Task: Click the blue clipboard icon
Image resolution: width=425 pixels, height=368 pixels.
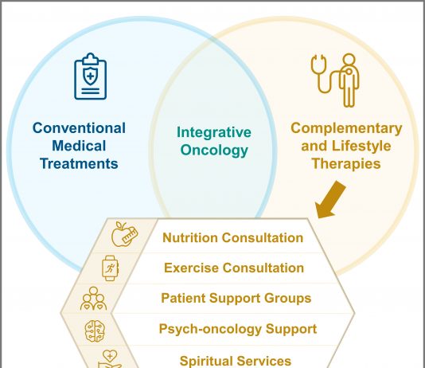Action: pyautogui.click(x=90, y=76)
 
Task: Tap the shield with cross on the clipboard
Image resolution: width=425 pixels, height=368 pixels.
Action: pyautogui.click(x=90, y=76)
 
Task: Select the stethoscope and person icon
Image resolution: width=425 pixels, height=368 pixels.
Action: pyautogui.click(x=336, y=80)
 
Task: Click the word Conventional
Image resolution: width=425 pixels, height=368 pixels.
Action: pyautogui.click(x=79, y=128)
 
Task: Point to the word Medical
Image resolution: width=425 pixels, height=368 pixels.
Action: pyautogui.click(x=79, y=146)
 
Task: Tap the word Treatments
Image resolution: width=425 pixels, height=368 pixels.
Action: pyautogui.click(x=79, y=163)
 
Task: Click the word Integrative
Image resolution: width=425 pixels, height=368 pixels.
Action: pyautogui.click(x=214, y=132)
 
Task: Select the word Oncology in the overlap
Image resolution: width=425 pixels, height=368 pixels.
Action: pyautogui.click(x=214, y=151)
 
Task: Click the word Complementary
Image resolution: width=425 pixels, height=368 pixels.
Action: pyautogui.click(x=346, y=128)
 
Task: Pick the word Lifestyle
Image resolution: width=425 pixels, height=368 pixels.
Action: pyautogui.click(x=361, y=146)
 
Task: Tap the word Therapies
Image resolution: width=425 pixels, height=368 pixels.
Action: pyautogui.click(x=346, y=164)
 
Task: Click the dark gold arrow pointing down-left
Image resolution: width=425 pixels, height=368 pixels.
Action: pyautogui.click(x=330, y=200)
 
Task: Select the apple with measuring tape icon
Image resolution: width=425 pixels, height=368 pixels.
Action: pyautogui.click(x=125, y=234)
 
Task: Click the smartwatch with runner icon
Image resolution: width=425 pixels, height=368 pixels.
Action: pyautogui.click(x=110, y=268)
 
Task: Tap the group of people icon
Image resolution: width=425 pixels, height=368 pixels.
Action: pyautogui.click(x=93, y=299)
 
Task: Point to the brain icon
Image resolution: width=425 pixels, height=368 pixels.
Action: pyautogui.click(x=95, y=331)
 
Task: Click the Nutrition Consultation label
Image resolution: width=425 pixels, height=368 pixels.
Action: pyautogui.click(x=233, y=238)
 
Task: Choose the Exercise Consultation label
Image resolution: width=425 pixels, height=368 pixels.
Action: pyautogui.click(x=234, y=268)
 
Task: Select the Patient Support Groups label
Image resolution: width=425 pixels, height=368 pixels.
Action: pyautogui.click(x=236, y=299)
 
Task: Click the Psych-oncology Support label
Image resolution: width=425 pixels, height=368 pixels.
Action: pyautogui.click(x=238, y=329)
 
